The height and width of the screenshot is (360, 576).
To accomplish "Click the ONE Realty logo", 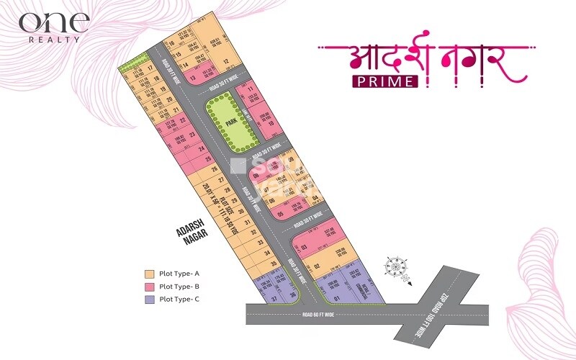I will pos(54,27).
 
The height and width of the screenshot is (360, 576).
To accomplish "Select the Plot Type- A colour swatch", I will pos(149,274).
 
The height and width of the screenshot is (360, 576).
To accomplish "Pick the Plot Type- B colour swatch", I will pos(149,286).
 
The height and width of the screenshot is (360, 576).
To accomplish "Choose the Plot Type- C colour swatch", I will pos(149,298).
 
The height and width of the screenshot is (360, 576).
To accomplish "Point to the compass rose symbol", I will pos(395,266).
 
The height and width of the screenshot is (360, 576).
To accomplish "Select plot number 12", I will pos(226,61).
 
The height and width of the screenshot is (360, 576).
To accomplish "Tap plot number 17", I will pos(149,68).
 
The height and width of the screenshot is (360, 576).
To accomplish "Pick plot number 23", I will pos(192,134).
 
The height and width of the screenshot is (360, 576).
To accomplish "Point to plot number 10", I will pos(271,124).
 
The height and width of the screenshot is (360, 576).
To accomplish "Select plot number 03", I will pos(305,248).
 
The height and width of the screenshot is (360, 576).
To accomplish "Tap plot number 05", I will pos(271,213).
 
